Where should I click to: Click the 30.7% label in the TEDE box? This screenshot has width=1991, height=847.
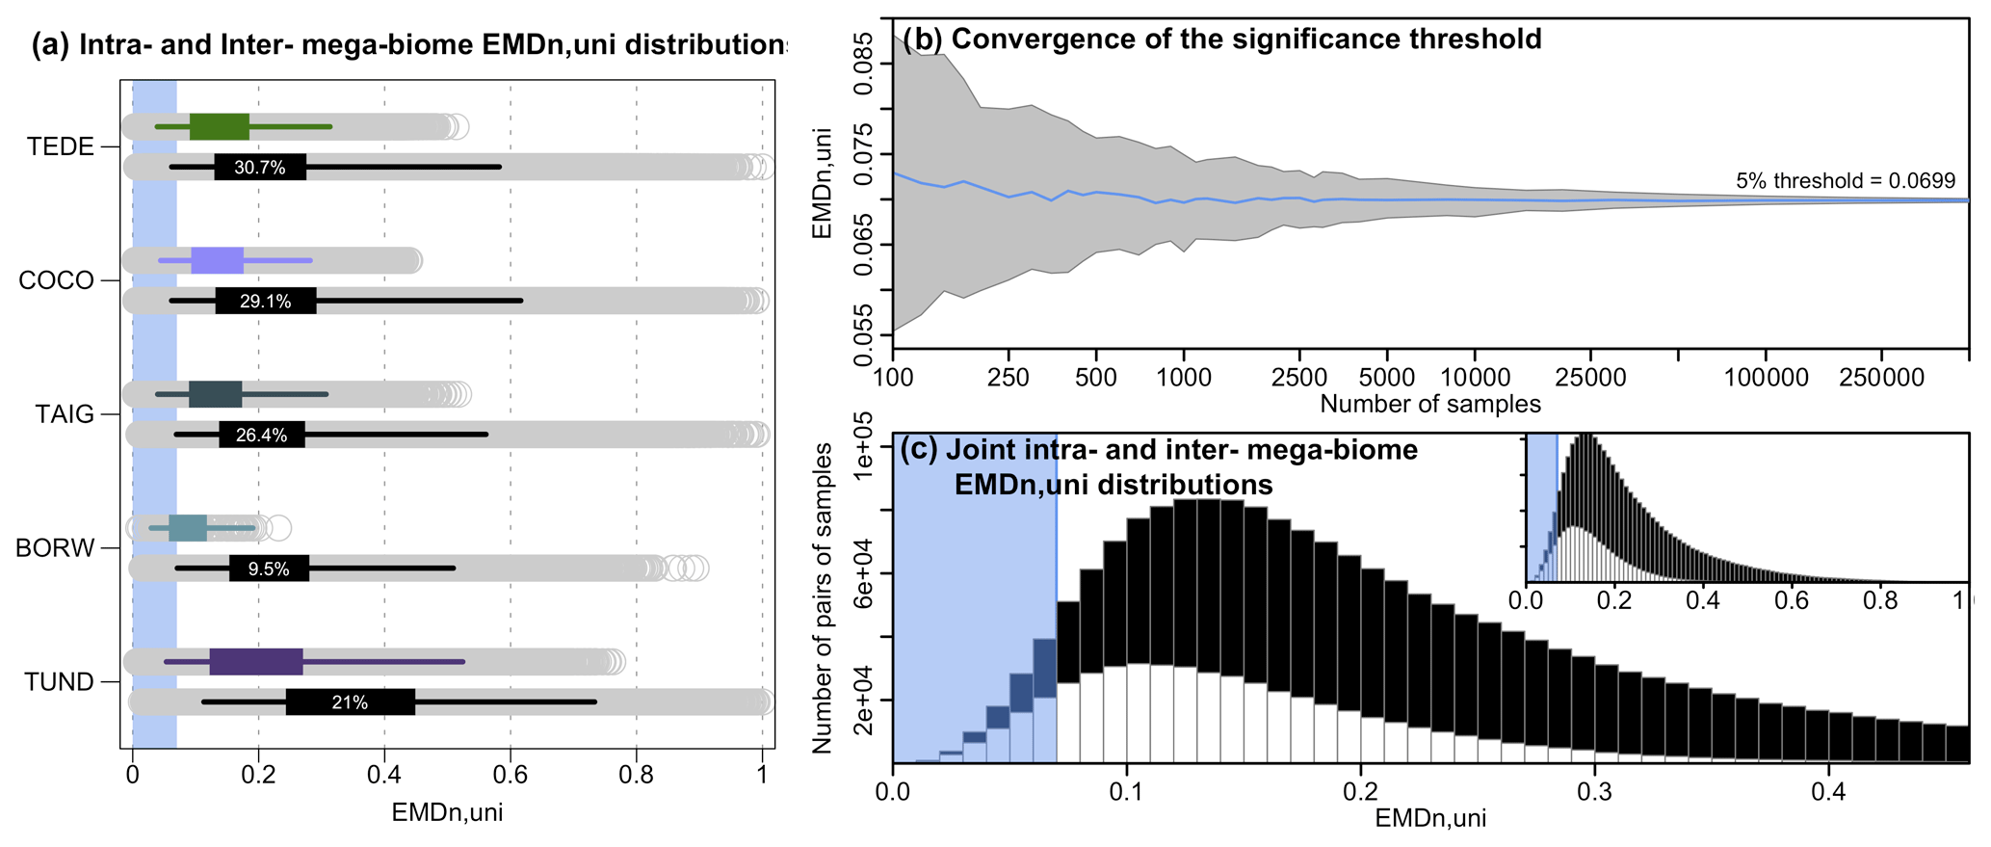click(x=260, y=168)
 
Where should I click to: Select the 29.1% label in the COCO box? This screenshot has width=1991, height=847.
click(x=265, y=302)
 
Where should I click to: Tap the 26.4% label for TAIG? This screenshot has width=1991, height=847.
click(x=261, y=436)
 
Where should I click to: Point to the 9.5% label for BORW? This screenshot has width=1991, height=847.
click(x=269, y=569)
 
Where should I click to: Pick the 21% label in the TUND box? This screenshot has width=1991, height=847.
click(x=350, y=702)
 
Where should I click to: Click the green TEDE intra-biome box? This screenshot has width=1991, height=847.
click(x=220, y=126)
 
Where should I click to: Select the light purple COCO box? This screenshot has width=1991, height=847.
click(x=217, y=260)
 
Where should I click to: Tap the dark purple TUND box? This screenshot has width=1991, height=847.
click(x=256, y=662)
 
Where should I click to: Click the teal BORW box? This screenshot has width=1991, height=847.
click(x=188, y=528)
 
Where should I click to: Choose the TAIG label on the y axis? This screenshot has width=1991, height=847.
click(x=65, y=415)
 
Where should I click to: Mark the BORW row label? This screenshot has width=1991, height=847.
click(x=55, y=549)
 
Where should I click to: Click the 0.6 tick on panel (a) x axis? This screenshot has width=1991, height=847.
click(x=510, y=777)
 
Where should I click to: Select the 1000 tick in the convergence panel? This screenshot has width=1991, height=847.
click(x=1183, y=378)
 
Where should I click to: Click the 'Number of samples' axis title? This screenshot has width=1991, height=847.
click(x=1429, y=404)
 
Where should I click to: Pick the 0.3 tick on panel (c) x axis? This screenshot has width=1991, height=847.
click(x=1594, y=792)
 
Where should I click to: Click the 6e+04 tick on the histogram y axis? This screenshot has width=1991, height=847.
click(x=861, y=572)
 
